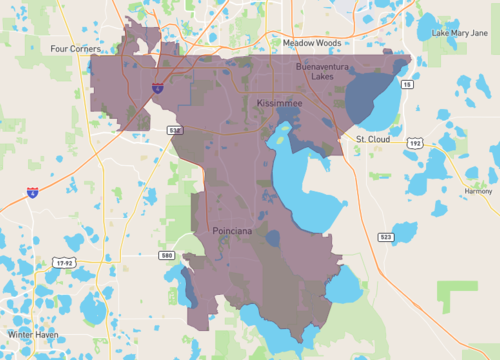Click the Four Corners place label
pyautogui.click(x=72, y=47)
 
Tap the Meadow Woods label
pyautogui.click(x=311, y=43)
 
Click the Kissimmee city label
pyautogui.click(x=284, y=103)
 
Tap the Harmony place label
pyautogui.click(x=478, y=190)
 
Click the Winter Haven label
pyautogui.click(x=33, y=334)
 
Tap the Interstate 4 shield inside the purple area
pyautogui.click(x=157, y=89)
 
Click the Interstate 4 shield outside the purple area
pyautogui.click(x=33, y=190)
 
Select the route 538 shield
pyautogui.click(x=175, y=130)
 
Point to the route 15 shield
pyautogui.click(x=407, y=86)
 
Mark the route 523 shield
pyautogui.click(x=386, y=237)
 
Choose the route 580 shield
pyautogui.click(x=167, y=255)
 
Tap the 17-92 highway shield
pyautogui.click(x=65, y=262)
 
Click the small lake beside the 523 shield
pyautogui.click(x=403, y=232)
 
